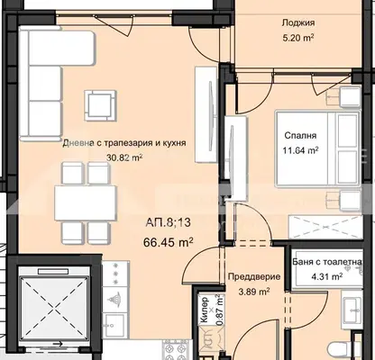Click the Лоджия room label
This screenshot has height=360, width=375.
click(x=298, y=23)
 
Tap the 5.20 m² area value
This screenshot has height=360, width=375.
click(x=298, y=38)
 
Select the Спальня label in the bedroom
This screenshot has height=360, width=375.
click(x=300, y=136)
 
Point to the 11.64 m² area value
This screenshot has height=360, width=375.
click(x=300, y=150)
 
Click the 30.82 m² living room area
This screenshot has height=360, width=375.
click(x=124, y=157)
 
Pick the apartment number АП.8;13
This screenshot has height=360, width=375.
click(x=168, y=223)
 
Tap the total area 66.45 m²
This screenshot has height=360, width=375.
click(x=168, y=242)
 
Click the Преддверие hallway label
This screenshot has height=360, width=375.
click(x=254, y=276)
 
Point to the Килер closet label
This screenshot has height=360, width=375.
click(x=205, y=310)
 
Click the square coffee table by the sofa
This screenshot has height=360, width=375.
click(x=100, y=105)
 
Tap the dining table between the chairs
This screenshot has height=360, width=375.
click(x=86, y=203)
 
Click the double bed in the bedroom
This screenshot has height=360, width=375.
click(x=317, y=149)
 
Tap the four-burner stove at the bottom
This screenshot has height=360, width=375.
click(x=178, y=350)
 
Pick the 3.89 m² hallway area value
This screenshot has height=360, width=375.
click(x=254, y=291)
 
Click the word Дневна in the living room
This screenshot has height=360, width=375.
click(x=77, y=143)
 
